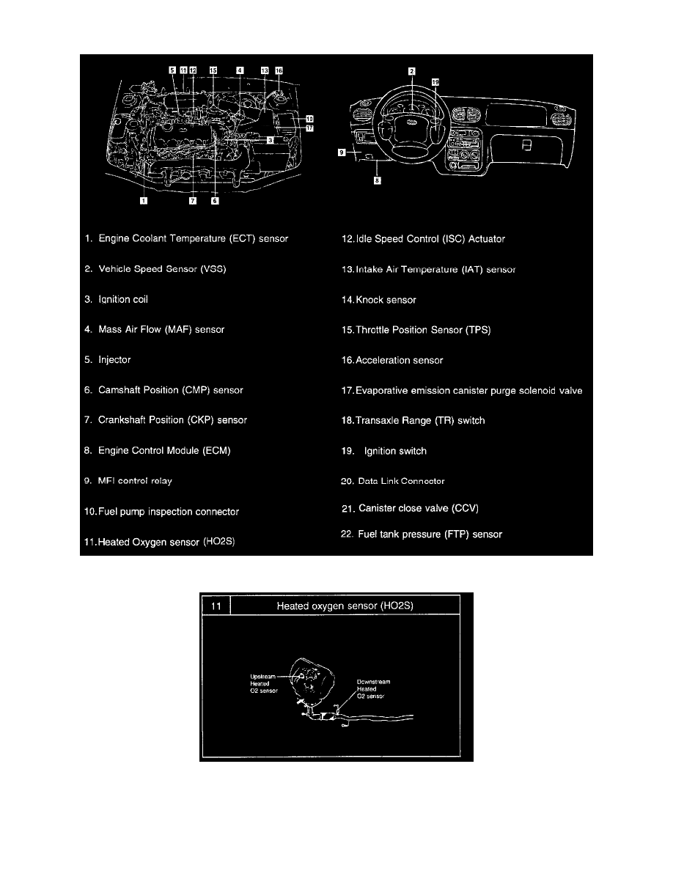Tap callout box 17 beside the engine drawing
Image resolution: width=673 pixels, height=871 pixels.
(x=309, y=128)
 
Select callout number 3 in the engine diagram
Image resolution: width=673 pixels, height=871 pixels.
(x=271, y=139)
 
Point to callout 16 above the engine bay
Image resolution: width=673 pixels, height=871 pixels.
(x=279, y=70)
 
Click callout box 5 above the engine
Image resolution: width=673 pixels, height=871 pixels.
(x=173, y=70)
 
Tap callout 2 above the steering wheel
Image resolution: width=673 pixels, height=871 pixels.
(x=412, y=70)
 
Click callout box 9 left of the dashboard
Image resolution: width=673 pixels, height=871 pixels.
(x=342, y=153)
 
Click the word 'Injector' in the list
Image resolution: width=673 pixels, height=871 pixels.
(x=114, y=360)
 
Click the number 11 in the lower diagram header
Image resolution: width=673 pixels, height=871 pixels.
(x=215, y=606)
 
